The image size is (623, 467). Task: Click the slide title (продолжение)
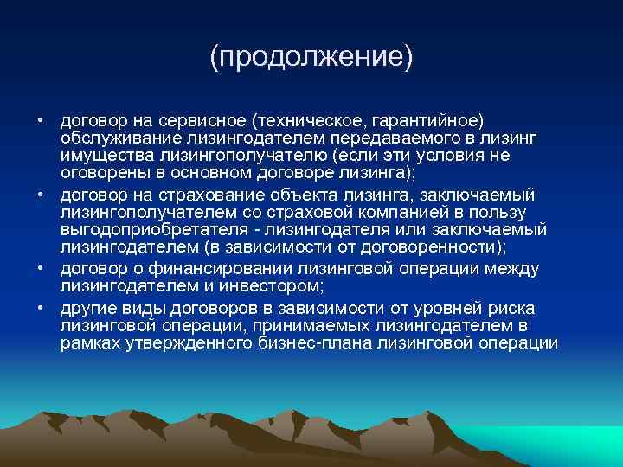311,58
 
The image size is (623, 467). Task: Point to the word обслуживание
112,138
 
